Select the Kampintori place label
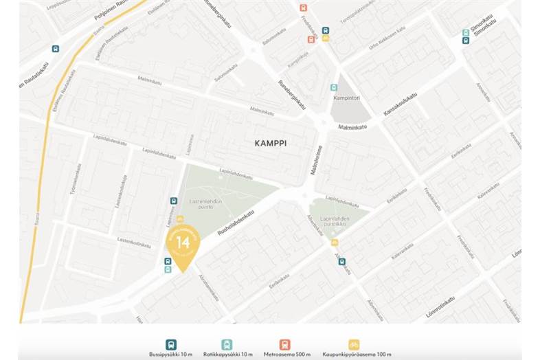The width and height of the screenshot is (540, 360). pos(347,98)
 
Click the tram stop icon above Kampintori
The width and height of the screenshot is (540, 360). pos(334,88)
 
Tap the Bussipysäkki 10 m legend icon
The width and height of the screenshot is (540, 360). pos(171,344)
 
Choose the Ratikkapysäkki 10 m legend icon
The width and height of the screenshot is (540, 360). pos(227,344)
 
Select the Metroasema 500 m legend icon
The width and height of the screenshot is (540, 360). pos(284,344)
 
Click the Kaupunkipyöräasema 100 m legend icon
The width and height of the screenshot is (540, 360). pos(354,344)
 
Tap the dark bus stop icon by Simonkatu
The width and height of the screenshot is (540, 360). pos(466,40)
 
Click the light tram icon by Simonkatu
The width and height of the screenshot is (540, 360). pos(466,32)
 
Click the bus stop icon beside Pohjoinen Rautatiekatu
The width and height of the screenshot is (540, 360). pos(55,49)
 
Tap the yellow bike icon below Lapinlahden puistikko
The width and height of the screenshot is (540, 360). pos(335,243)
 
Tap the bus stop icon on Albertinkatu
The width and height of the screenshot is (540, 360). pos(341,261)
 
